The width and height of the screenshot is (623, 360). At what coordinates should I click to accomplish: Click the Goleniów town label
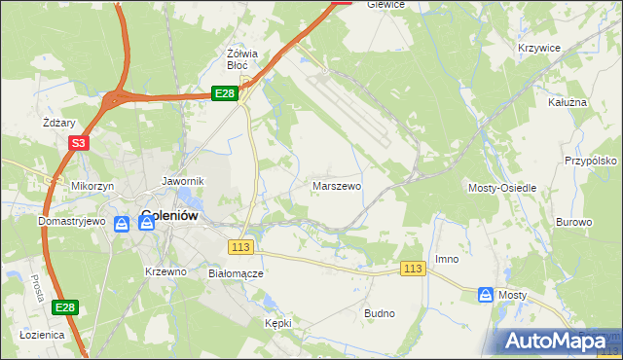click(171, 215)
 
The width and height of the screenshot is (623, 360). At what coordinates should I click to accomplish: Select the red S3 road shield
click(79, 144)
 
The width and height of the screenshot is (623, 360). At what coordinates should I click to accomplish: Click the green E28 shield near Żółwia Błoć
click(224, 92)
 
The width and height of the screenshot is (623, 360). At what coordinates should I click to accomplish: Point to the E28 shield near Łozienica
click(64, 307)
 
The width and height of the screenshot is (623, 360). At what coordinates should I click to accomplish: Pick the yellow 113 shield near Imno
click(414, 269)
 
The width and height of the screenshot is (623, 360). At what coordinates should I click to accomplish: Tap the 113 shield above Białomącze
click(241, 247)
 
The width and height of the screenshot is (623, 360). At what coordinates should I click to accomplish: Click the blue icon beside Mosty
click(486, 294)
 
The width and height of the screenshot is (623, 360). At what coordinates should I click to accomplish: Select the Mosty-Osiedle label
click(503, 187)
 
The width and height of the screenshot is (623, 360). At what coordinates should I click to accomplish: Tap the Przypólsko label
click(592, 162)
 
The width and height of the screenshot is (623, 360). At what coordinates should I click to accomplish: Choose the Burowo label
click(573, 222)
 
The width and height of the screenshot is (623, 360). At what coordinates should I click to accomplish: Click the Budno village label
click(379, 313)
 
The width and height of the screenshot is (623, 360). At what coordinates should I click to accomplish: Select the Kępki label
click(278, 322)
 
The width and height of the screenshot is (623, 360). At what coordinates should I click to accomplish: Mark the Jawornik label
click(182, 181)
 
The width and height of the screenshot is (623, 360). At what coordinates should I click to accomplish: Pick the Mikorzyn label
click(92, 185)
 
